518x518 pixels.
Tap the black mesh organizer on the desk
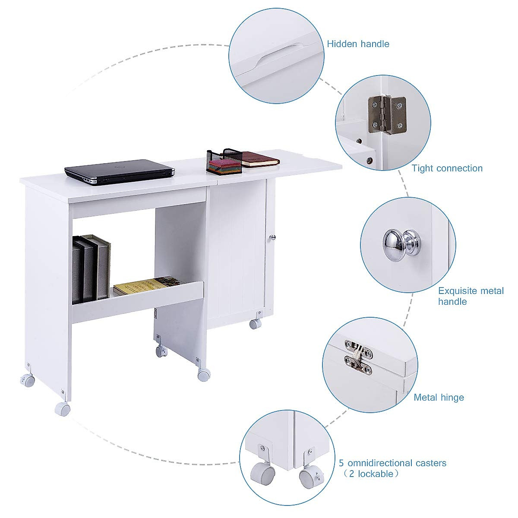pyautogui.click(x=224, y=161)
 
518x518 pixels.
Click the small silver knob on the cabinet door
pyautogui.click(x=272, y=237)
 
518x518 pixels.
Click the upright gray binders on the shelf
pyautogui.click(x=91, y=268)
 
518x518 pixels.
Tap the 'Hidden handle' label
pyautogui.click(x=358, y=44)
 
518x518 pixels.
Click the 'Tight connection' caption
pyautogui.click(x=447, y=168)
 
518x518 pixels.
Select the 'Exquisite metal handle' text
pyautogui.click(x=471, y=296)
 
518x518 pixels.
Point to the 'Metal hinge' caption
pyautogui.click(x=439, y=397)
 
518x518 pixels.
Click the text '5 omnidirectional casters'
pyautogui.click(x=392, y=463)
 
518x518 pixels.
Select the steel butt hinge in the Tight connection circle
pyautogui.click(x=387, y=115)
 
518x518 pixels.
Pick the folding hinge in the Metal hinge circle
pyautogui.click(x=358, y=355)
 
